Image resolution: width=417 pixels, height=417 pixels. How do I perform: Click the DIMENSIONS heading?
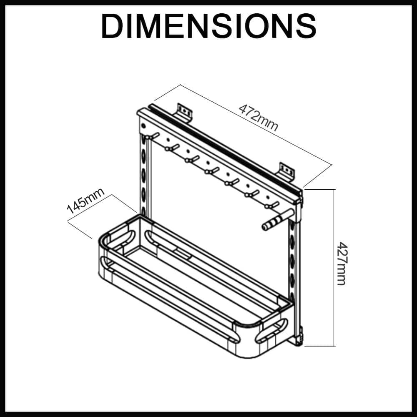[208, 26]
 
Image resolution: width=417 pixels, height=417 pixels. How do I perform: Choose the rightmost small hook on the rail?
[272, 205]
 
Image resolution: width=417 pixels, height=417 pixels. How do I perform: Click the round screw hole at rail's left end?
[144, 126]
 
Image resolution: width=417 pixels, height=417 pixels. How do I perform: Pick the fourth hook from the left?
[212, 170]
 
